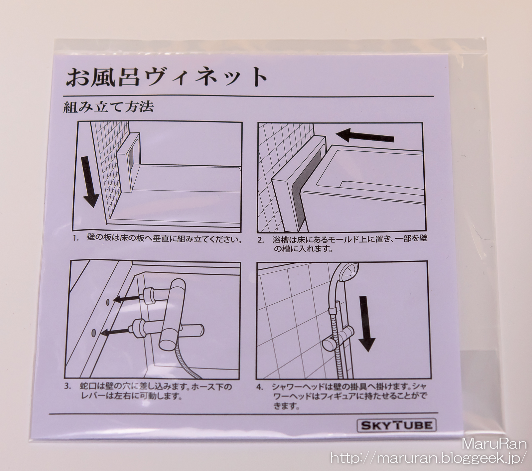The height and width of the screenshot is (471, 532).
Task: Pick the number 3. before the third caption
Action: (x=68, y=387)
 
